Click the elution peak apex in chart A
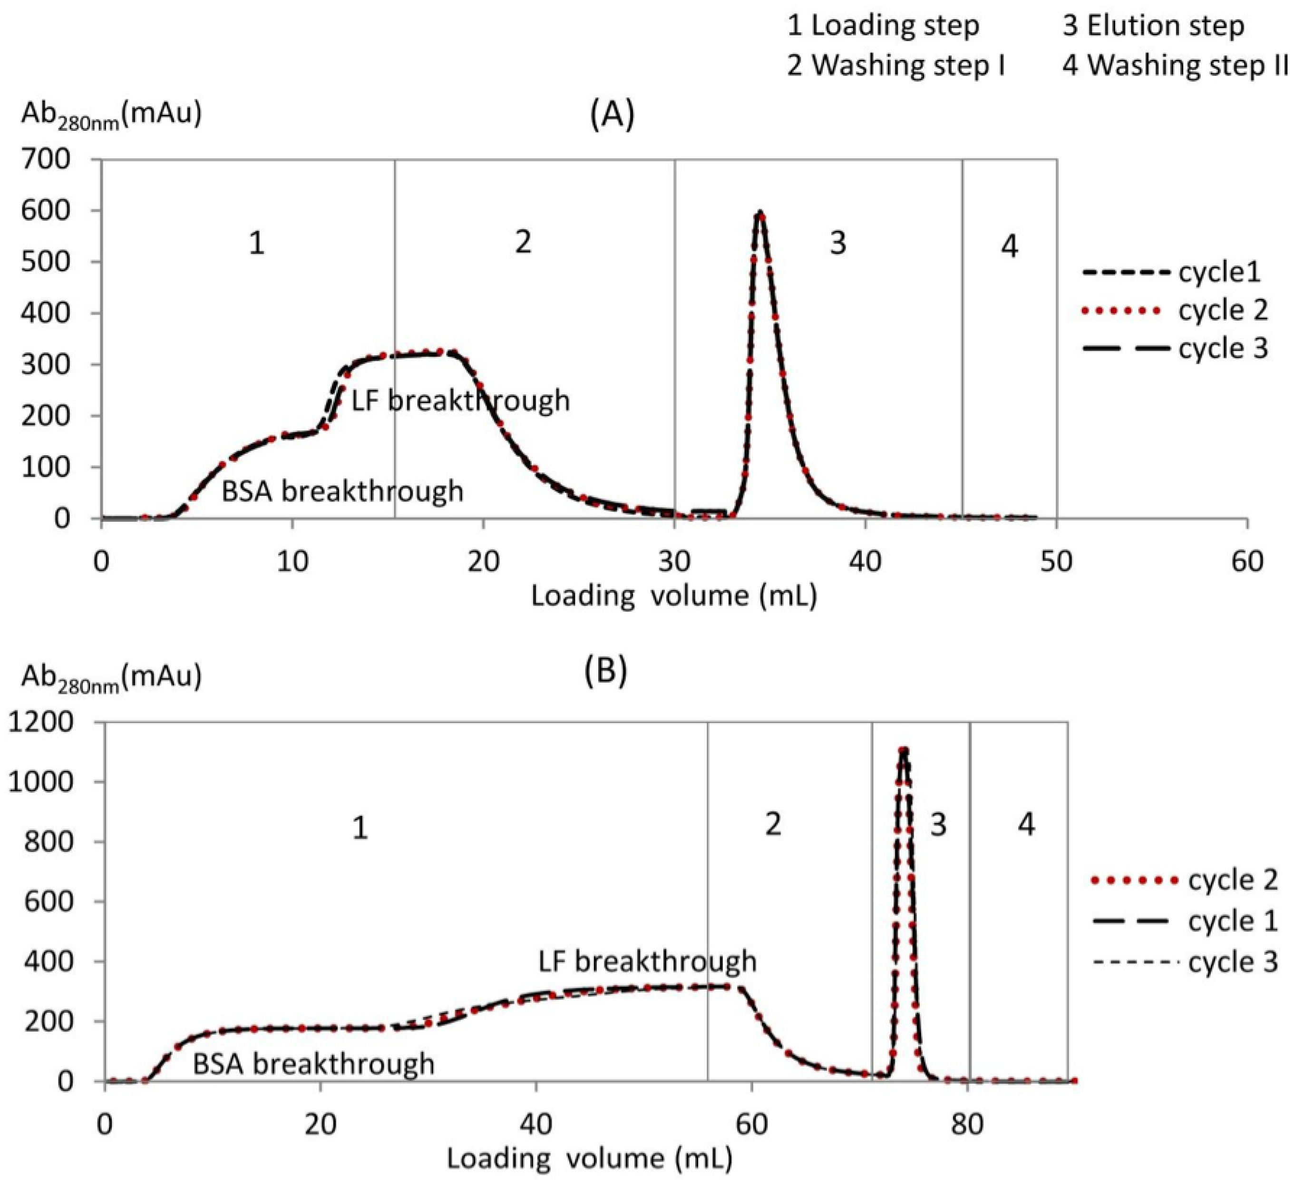pyautogui.click(x=760, y=213)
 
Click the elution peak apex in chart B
pyautogui.click(x=904, y=750)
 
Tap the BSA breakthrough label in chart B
pyautogui.click(x=314, y=1064)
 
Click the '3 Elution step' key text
pyautogui.click(x=1153, y=26)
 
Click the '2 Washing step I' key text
pyautogui.click(x=896, y=66)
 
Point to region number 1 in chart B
pyautogui.click(x=360, y=828)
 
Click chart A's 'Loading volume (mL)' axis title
pyautogui.click(x=674, y=596)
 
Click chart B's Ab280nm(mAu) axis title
pyautogui.click(x=112, y=678)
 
